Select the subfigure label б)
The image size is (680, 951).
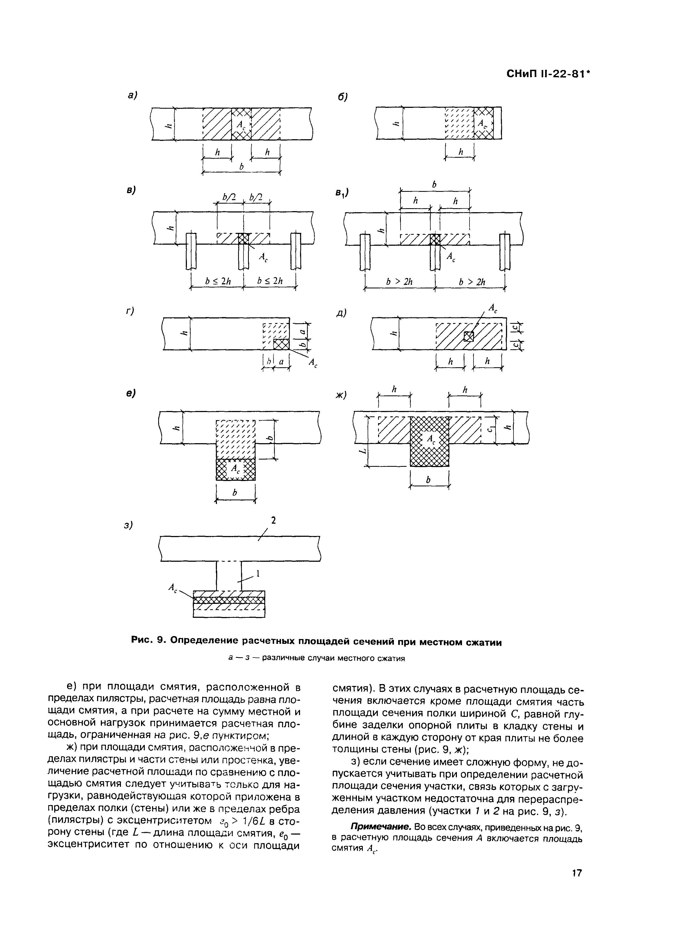click(x=343, y=97)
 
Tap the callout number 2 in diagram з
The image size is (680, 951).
click(x=274, y=520)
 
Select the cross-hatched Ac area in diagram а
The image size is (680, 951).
click(x=241, y=124)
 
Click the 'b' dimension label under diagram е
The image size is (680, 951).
click(x=235, y=494)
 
